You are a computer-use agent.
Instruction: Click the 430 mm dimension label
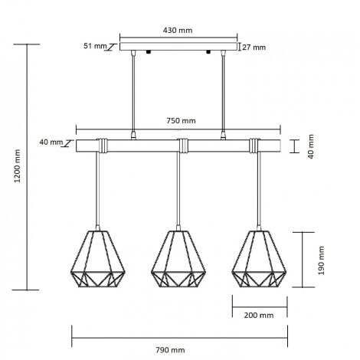(178, 30)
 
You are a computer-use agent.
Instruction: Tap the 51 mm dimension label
(96, 46)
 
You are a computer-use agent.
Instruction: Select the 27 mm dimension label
(254, 47)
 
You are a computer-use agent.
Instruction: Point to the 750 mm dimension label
(182, 121)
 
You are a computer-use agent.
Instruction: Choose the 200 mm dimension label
(260, 315)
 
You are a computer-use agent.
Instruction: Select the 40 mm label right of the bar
(312, 145)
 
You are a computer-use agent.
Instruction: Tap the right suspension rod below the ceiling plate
(224, 92)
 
